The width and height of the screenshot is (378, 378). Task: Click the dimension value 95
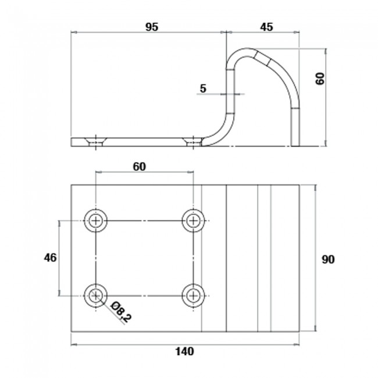(x=151, y=27)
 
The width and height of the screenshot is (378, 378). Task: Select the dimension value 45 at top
(x=266, y=27)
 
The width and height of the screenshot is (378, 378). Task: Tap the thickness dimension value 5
(x=203, y=88)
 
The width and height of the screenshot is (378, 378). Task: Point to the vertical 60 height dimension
(x=320, y=79)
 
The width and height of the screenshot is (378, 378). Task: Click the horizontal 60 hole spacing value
(x=139, y=167)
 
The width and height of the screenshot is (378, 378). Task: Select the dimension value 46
(x=50, y=258)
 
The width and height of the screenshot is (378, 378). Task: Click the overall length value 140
(x=184, y=351)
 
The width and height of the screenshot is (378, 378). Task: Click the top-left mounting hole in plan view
(x=96, y=220)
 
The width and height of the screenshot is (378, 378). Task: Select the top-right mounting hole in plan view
(x=193, y=220)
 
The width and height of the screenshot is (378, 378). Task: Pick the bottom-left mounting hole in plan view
(x=96, y=295)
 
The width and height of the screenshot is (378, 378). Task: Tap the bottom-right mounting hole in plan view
(x=193, y=295)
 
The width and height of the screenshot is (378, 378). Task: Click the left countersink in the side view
(x=95, y=141)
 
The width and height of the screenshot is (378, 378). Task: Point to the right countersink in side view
(x=191, y=141)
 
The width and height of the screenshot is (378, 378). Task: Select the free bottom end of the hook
(x=295, y=143)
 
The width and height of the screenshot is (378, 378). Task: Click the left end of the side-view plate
(x=72, y=142)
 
